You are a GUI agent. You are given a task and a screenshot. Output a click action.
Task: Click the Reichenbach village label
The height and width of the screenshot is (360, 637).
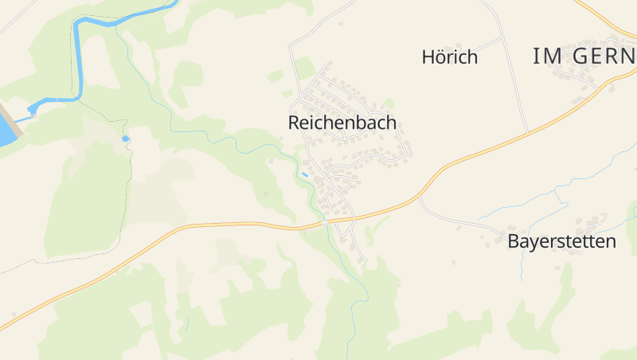click(342, 123)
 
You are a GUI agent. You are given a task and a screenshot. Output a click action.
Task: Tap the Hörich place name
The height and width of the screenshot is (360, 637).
click(449, 57)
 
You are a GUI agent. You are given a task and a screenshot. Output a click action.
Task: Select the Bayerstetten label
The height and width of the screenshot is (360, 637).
click(561, 241)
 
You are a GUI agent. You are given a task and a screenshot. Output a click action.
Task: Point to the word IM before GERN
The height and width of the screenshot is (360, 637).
click(549, 56)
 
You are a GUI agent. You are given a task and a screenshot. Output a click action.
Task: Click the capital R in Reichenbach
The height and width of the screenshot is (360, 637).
click(294, 123)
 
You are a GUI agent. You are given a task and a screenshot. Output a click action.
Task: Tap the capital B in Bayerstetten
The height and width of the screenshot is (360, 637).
click(514, 241)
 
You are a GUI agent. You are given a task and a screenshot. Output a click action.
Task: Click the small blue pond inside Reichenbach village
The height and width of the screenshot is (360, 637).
click(304, 174)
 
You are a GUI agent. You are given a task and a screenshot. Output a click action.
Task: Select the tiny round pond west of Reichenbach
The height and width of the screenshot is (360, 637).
click(124, 139)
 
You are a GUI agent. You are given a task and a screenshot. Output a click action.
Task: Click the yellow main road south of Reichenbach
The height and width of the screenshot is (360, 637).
click(239, 225)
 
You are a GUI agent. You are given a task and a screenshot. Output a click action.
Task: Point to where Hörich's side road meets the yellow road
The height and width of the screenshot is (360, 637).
click(527, 132)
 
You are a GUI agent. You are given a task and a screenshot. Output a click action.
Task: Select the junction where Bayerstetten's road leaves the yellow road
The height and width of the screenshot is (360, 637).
click(420, 197)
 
